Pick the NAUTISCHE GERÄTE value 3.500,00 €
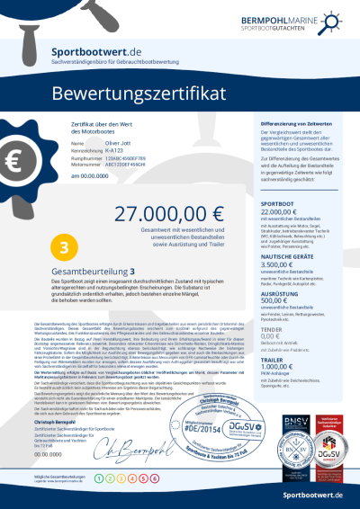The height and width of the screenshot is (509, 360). coord(280,265)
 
